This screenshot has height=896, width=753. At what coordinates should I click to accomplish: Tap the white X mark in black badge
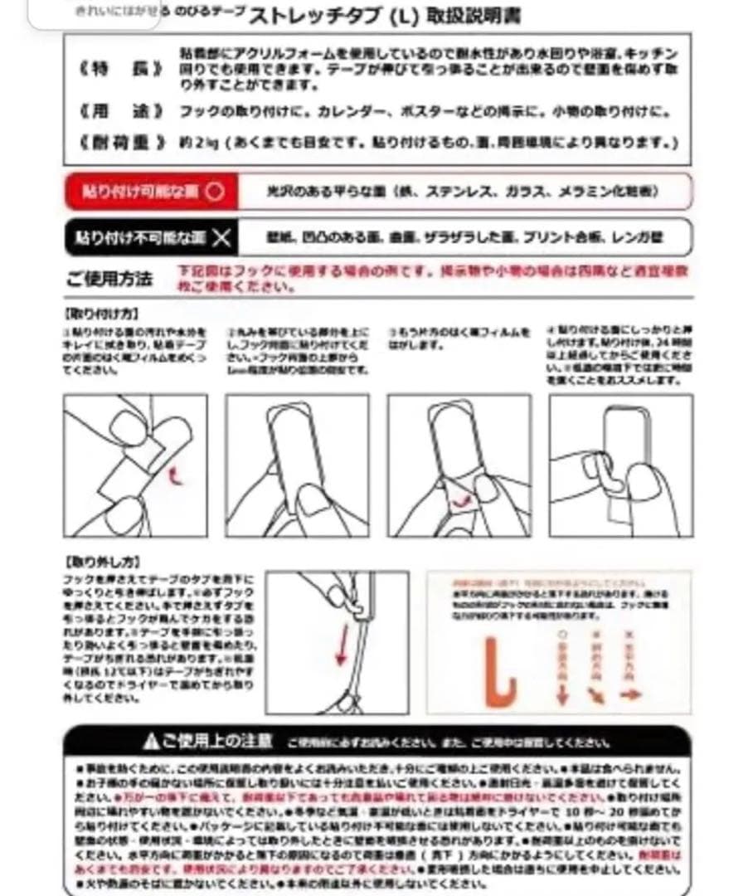pyautogui.click(x=220, y=238)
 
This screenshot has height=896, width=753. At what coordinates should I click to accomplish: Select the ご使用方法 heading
pyautogui.click(x=109, y=280)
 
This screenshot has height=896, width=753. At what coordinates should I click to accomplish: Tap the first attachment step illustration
pyautogui.click(x=135, y=465)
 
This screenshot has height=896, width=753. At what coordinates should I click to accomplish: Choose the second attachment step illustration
pyautogui.click(x=297, y=465)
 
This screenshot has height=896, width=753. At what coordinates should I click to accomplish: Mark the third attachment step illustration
pyautogui.click(x=459, y=465)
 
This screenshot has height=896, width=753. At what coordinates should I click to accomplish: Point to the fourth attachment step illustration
pyautogui.click(x=620, y=465)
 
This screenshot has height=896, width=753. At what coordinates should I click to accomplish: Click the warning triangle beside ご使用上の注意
pyautogui.click(x=150, y=741)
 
